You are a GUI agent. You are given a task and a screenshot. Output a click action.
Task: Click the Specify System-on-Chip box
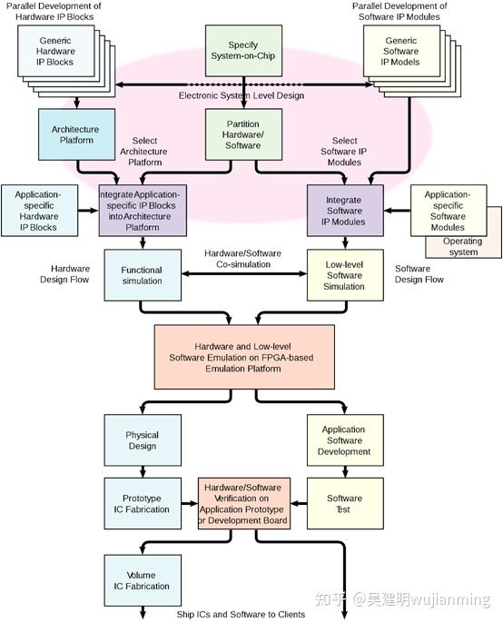(242, 50)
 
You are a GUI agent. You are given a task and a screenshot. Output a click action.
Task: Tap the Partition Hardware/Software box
(242, 134)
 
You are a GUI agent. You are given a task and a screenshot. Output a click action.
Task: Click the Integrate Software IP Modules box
(345, 211)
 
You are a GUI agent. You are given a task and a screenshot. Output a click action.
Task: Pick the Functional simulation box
(141, 275)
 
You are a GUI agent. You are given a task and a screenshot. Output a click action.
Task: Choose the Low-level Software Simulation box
(345, 275)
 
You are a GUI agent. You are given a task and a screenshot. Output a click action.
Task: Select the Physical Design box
(141, 440)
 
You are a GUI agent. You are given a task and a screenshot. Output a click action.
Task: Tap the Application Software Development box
(344, 440)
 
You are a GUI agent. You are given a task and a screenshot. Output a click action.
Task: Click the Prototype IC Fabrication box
(141, 504)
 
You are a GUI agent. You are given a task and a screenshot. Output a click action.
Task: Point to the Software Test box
(344, 504)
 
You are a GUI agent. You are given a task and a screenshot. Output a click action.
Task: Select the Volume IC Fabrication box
(141, 580)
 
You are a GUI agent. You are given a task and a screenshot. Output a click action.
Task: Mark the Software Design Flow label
(419, 274)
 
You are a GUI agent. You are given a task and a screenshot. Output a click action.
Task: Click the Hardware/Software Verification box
(244, 504)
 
